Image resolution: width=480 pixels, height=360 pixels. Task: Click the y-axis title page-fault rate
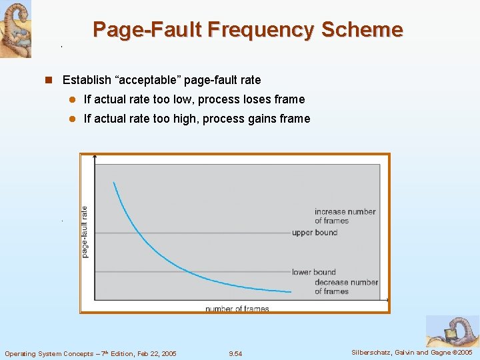tap(85, 231)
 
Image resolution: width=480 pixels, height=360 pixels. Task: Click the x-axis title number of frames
tap(237, 309)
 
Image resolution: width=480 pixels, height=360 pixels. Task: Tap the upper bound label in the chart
tap(315, 233)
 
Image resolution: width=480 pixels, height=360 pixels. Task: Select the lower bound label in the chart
tap(313, 272)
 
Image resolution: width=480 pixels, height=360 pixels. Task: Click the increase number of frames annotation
tap(345, 216)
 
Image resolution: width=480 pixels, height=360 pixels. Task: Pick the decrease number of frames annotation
tap(346, 287)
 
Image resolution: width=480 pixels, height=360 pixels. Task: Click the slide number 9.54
tap(235, 353)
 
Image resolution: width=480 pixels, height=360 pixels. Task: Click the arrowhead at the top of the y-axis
tap(95, 157)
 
